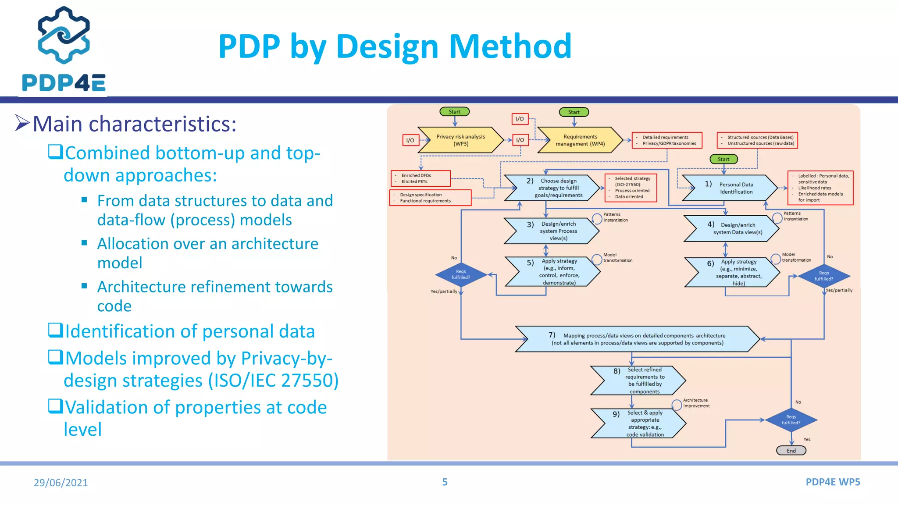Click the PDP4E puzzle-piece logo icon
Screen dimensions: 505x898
(x=64, y=35)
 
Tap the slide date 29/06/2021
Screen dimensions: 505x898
(x=61, y=483)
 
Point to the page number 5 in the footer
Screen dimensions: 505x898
(x=445, y=482)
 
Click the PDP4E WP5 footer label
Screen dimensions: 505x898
(x=833, y=482)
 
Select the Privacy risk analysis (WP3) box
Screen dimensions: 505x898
(x=460, y=140)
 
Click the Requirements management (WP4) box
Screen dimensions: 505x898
(x=580, y=140)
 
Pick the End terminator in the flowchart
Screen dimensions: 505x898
(x=791, y=451)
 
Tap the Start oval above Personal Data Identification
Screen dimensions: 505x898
(x=723, y=159)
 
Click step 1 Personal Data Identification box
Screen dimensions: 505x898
(x=730, y=188)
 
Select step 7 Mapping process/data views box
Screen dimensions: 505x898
(x=637, y=339)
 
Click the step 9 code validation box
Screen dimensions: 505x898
(x=638, y=423)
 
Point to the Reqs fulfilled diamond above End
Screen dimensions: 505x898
(x=791, y=420)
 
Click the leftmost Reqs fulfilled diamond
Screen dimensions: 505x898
(x=461, y=274)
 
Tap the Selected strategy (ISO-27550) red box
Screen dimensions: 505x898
(x=631, y=188)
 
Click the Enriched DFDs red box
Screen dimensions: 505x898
(x=420, y=178)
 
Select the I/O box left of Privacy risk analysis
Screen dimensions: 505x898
(x=410, y=140)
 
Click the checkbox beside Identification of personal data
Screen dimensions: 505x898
(x=55, y=330)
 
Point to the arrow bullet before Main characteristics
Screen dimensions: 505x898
(x=22, y=123)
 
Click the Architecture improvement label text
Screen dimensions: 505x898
(x=696, y=403)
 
